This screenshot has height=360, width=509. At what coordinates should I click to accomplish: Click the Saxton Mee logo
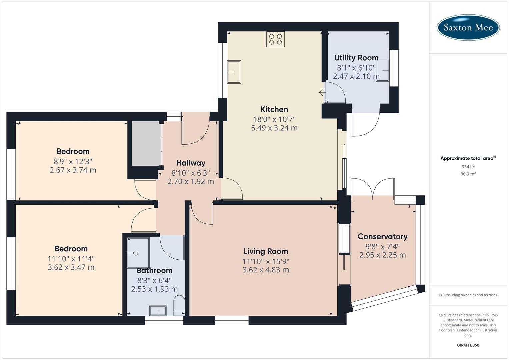(468, 27)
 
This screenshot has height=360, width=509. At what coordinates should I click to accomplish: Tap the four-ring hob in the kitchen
(275, 39)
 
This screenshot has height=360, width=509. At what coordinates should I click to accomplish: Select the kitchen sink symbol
(234, 72)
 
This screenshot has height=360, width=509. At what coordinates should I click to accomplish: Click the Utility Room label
(356, 58)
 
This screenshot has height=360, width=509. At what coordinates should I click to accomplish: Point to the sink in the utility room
(383, 70)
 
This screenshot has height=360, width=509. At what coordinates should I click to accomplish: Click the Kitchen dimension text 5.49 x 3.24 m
(274, 128)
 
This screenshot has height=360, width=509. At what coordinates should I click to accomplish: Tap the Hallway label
(191, 163)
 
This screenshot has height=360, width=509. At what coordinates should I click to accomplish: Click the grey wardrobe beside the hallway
(146, 143)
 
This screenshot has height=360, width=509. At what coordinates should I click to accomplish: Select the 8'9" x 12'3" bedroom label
(73, 151)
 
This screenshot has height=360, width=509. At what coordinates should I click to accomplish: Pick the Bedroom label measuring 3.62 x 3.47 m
(71, 249)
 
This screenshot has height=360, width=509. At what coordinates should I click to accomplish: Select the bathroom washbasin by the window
(158, 311)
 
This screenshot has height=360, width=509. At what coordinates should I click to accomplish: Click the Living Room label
(266, 251)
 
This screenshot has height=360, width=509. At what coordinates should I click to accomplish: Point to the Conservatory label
(382, 237)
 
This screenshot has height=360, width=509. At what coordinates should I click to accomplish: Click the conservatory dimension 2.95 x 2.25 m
(382, 255)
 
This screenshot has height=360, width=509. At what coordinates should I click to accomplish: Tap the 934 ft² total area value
(468, 167)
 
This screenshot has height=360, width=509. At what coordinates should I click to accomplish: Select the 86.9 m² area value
(468, 174)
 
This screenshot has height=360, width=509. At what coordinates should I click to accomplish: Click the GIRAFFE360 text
(468, 345)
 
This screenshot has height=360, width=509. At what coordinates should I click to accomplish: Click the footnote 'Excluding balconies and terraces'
(468, 295)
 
